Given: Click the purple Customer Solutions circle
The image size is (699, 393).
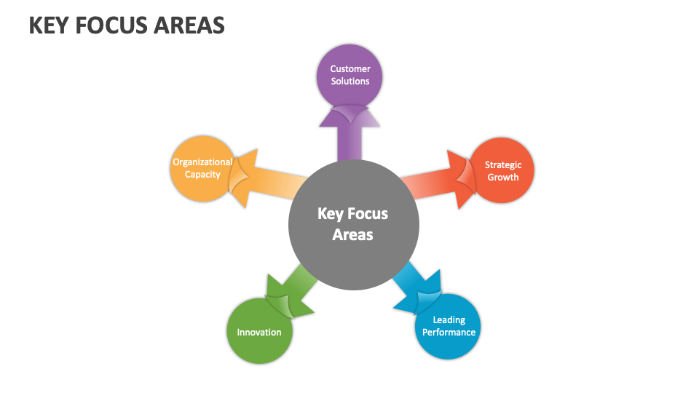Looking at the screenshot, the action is (349, 76).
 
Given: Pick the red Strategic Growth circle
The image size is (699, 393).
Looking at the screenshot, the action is (502, 170).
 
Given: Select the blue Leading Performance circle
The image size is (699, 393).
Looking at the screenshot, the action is (448, 326).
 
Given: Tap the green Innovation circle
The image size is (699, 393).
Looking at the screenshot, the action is (259, 331).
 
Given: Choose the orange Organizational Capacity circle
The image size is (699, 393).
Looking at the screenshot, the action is (203, 168).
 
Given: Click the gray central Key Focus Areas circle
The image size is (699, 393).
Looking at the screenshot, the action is (354, 225).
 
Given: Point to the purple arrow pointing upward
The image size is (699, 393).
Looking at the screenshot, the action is (349, 134).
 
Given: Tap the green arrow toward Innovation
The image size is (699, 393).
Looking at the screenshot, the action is (291, 293).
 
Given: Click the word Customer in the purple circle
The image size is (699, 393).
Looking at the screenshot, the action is (350, 68).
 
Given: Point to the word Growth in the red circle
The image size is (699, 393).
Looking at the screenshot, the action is (503, 178).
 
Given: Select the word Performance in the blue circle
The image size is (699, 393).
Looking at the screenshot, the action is (449, 333).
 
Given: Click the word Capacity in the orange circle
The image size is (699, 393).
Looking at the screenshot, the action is (203, 175).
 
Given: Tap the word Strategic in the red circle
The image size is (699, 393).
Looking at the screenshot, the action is (503, 165).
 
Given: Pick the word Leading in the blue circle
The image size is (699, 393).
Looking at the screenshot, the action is (449, 320).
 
